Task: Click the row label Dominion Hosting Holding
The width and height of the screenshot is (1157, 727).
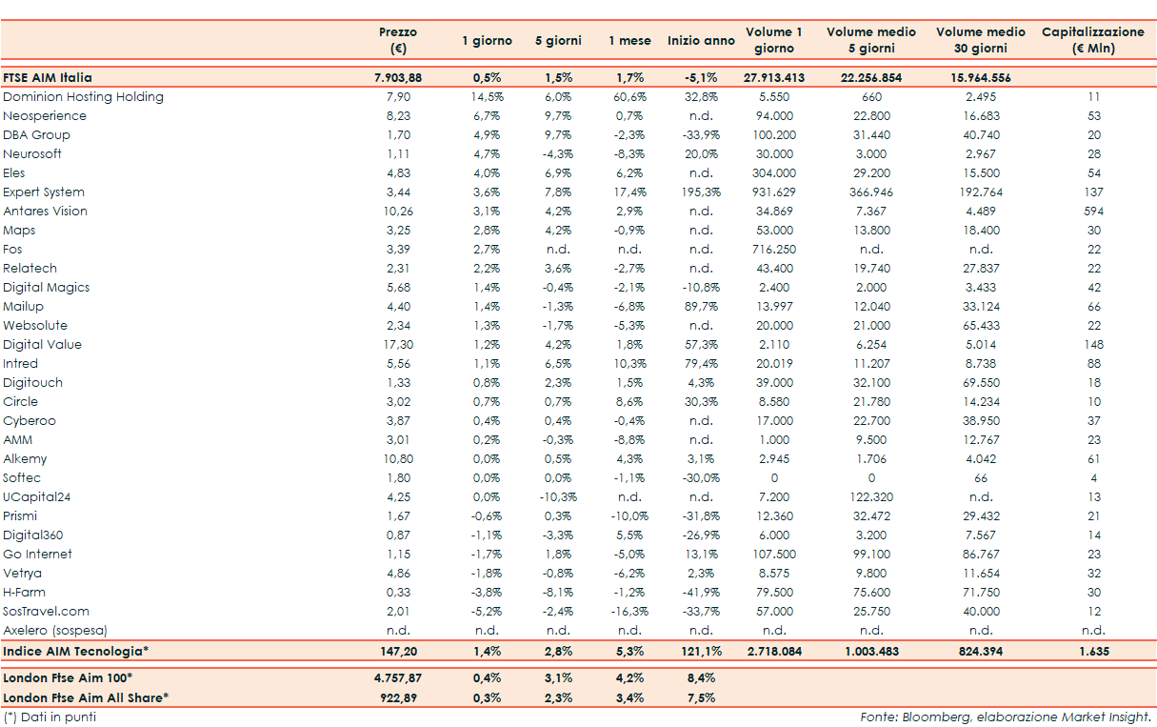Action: pos(83,97)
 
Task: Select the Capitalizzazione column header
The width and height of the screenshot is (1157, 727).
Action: pos(1093,40)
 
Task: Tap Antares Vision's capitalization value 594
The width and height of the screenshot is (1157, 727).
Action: pos(1093,212)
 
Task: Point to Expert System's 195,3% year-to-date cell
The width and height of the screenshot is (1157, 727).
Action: pos(701,192)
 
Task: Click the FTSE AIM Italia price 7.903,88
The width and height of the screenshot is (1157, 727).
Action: pos(398,78)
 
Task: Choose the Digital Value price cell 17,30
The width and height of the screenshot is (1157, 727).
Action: pos(398,345)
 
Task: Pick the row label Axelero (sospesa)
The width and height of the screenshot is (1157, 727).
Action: pos(55,631)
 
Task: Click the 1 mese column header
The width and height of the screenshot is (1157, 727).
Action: pos(629,41)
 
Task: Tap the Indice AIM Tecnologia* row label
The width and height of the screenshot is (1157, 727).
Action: pos(76,652)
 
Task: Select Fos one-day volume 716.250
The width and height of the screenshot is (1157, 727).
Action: pos(774,250)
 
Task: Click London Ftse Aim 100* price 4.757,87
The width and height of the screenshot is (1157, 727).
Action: pos(398,678)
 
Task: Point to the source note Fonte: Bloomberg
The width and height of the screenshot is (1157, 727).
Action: pos(1006,717)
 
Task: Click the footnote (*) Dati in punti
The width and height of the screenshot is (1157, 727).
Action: pos(50,717)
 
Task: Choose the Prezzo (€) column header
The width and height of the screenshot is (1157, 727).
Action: pos(398,40)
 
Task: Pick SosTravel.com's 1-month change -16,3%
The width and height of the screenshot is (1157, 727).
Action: pos(629,612)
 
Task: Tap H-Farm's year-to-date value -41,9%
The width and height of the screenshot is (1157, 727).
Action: pos(701,593)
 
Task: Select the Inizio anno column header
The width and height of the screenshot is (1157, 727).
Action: pos(701,41)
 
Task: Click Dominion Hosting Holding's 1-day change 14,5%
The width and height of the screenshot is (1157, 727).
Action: pos(487,97)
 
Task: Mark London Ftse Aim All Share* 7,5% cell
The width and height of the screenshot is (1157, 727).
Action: pos(701,698)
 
